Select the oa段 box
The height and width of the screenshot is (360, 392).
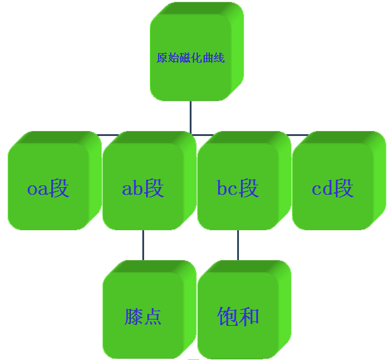48,188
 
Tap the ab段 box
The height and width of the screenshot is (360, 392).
143,188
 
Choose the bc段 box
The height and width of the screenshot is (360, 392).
238,188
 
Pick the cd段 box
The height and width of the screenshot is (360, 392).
333,188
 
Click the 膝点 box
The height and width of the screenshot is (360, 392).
143,316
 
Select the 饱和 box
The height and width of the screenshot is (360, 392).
238,316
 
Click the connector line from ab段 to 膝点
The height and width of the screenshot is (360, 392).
144,245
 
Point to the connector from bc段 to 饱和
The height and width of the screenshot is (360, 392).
238,245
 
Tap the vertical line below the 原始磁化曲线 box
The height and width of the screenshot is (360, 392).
190,117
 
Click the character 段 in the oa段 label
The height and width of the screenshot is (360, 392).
59,188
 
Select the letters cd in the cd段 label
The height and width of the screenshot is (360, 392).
322,189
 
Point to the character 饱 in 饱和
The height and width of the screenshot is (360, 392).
227,316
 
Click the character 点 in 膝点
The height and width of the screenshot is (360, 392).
152,316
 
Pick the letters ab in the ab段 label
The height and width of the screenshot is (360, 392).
133,189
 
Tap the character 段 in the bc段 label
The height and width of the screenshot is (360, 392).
248,188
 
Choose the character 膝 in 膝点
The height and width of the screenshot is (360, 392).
133,316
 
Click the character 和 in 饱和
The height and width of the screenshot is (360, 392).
249,316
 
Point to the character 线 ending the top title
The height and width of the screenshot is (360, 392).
220,58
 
